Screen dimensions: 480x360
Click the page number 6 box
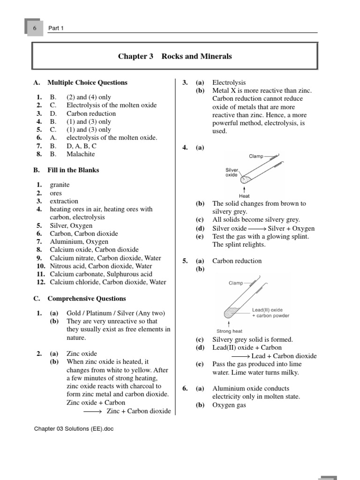tap(34, 28)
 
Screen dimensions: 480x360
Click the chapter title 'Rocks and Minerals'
tap(196, 56)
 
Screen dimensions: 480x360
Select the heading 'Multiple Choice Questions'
tap(87, 82)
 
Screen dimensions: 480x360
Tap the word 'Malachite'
tap(80, 154)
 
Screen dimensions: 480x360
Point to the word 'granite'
tap(60, 185)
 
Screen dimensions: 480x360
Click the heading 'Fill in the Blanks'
tap(73, 170)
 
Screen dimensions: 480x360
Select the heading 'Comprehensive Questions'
tap(87, 298)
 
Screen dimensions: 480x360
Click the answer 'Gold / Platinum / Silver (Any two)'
tap(116, 313)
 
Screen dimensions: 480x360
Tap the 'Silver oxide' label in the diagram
tap(232, 172)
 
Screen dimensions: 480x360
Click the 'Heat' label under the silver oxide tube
tap(244, 196)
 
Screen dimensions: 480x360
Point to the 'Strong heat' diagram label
tap(229, 331)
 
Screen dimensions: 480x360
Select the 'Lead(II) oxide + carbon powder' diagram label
tap(270, 313)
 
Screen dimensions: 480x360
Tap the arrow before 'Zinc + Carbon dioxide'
tap(92, 411)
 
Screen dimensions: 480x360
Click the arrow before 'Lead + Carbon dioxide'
tap(240, 356)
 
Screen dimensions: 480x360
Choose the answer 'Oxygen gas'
tap(229, 405)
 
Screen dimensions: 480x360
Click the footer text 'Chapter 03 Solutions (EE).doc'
tap(74, 428)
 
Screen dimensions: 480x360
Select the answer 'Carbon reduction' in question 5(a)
tap(237, 261)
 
